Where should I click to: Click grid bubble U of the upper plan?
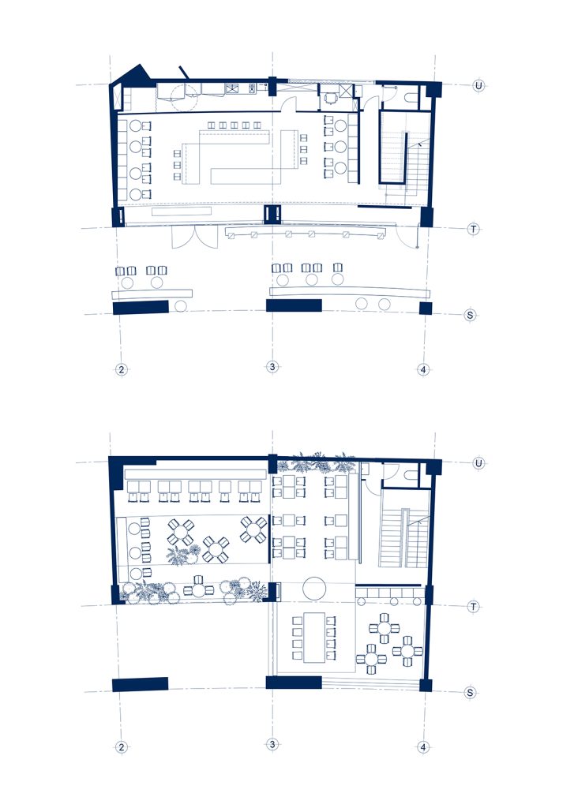coord(478,85)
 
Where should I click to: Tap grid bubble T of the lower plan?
coord(474,607)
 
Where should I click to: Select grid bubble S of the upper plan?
coord(470,314)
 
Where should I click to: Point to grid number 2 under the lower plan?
coord(121,746)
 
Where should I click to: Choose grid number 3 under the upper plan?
coord(272,367)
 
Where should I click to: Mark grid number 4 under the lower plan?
coord(423,746)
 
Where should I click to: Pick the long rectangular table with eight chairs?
coord(313,638)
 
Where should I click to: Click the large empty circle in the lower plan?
coord(314,588)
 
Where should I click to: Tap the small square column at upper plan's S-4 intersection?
coord(426,309)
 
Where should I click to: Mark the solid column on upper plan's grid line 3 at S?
coord(294,305)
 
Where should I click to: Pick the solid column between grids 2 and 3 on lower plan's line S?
coord(141,684)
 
